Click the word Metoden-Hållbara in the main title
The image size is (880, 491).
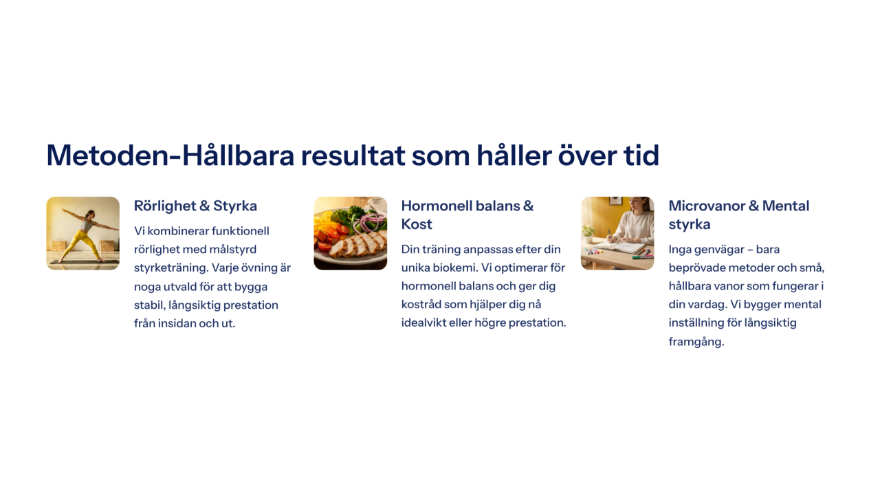tap(170, 155)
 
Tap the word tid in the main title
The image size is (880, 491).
tap(641, 155)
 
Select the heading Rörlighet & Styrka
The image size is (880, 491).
tap(195, 206)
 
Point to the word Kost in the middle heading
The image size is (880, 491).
tap(417, 224)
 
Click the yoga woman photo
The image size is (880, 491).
tap(83, 233)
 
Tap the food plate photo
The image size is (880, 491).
tap(351, 233)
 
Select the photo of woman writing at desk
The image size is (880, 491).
tap(617, 233)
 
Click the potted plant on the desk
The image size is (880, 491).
tap(588, 234)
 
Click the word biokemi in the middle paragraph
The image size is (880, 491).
tap(454, 268)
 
